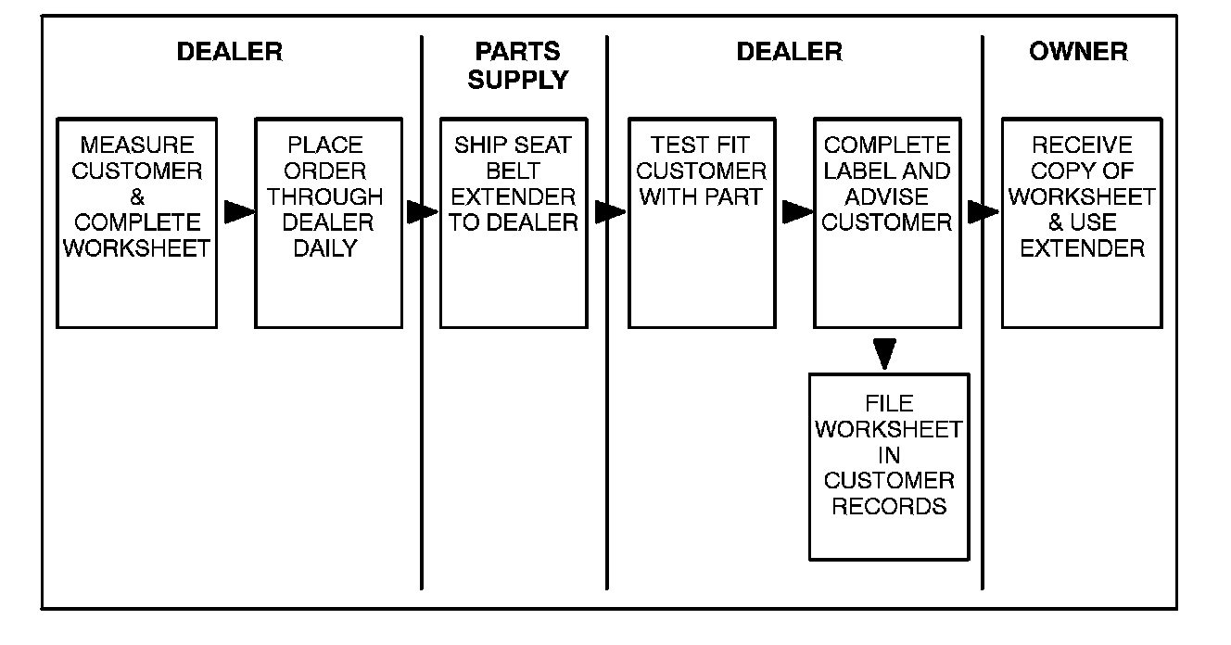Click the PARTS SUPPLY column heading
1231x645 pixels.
[517, 65]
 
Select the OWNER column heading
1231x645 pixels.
[1078, 51]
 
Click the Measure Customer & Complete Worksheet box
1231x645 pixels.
[137, 222]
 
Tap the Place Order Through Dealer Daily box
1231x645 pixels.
[328, 222]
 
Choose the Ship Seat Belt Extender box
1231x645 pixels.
[514, 222]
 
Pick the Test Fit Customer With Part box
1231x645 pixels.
[702, 222]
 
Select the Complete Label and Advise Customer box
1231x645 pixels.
[887, 222]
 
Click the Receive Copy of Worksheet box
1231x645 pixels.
[1082, 222]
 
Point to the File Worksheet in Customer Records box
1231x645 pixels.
[889, 467]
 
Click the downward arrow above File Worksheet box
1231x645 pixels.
[886, 352]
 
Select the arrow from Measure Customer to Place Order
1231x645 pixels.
[239, 212]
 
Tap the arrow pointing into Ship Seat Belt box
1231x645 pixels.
[422, 212]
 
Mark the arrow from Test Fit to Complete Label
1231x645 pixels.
[796, 212]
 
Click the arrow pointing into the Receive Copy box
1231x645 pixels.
[983, 212]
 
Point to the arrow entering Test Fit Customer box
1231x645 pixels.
[609, 212]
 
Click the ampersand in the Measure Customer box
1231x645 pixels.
[137, 197]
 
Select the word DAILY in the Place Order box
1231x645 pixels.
[325, 248]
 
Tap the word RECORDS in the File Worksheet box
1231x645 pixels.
[889, 506]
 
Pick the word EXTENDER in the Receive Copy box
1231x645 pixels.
[1082, 248]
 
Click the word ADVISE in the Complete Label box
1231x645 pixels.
[887, 196]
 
